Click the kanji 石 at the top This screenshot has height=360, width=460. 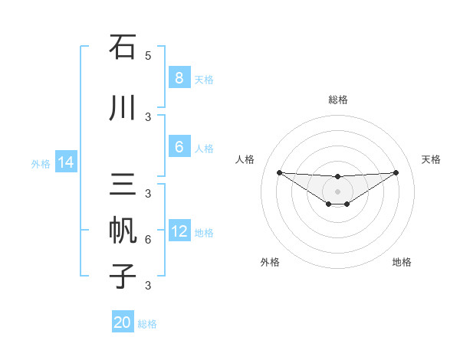(x=123, y=47)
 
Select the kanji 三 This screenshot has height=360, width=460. (x=123, y=185)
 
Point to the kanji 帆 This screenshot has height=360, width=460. (x=123, y=231)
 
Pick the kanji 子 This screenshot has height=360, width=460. (x=123, y=276)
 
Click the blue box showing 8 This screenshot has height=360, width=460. (x=179, y=77)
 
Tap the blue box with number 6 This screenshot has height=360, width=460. (x=179, y=147)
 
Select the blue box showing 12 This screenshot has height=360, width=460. (x=179, y=231)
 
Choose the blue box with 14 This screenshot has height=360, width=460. (x=65, y=162)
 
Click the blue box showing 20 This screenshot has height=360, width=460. (x=123, y=322)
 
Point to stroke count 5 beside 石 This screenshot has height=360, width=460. (x=148, y=55)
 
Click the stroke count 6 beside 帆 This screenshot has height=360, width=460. (x=148, y=240)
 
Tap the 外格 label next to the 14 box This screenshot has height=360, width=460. (x=40, y=163)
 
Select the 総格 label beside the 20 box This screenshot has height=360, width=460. (x=147, y=324)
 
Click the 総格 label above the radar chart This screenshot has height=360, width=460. (x=337, y=100)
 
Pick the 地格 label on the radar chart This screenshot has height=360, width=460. (x=402, y=262)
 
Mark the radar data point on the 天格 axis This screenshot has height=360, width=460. (x=396, y=172)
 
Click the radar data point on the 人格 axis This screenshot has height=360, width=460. (x=279, y=172)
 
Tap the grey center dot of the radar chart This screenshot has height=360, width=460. (x=337, y=191)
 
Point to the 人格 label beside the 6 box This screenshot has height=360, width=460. (x=204, y=148)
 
